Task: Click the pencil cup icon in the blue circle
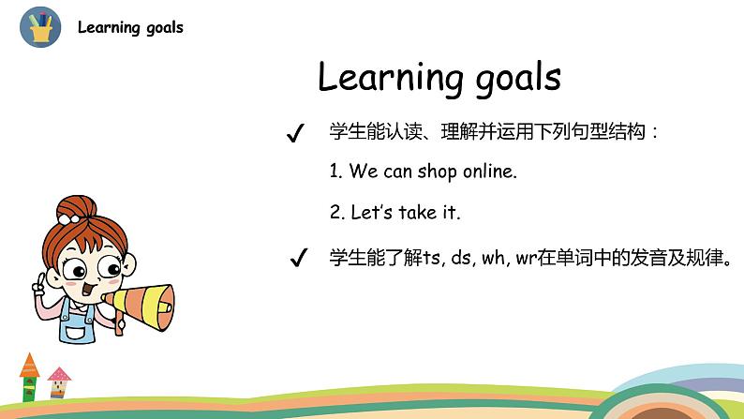point(40,27)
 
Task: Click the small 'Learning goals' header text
point(130,27)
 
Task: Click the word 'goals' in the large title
point(508,78)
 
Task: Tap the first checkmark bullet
point(295,134)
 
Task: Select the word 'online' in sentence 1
point(489,172)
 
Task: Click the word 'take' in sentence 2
point(418,213)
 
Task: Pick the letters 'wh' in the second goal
point(494,258)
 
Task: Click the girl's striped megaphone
point(141,300)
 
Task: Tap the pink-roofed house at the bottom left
point(59,382)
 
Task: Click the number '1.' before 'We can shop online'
point(336,172)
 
